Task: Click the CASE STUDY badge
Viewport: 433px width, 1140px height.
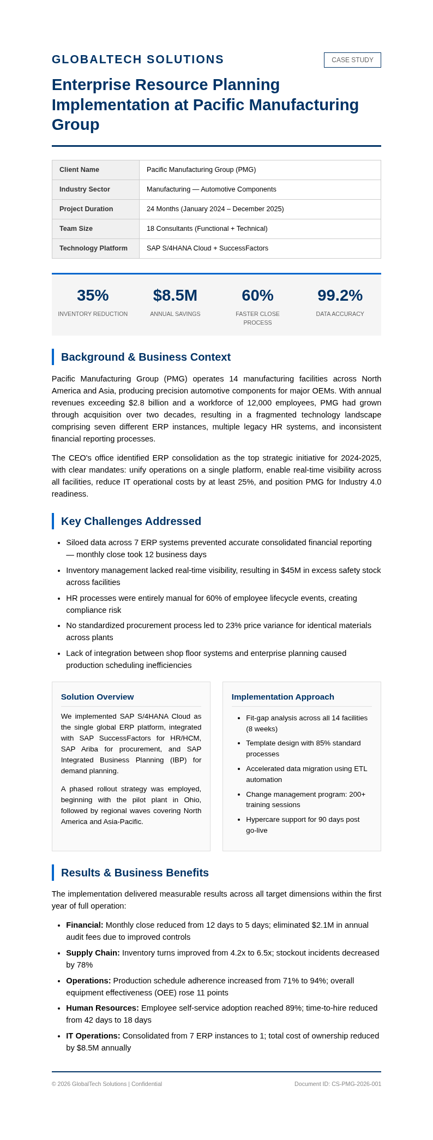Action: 352,60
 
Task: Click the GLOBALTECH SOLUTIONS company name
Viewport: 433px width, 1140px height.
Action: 137,59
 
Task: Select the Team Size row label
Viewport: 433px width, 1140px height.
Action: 76,229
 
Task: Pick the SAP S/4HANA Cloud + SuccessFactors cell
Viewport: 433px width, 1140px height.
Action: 207,248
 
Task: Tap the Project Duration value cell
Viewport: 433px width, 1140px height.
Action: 215,209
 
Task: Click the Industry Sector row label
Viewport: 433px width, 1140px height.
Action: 85,189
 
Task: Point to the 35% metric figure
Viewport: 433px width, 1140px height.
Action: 93,295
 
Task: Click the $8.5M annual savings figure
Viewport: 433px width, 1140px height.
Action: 175,295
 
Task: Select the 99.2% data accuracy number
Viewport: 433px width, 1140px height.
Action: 340,295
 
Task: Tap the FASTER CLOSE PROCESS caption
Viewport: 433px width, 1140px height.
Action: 257,318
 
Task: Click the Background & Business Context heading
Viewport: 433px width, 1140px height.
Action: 146,357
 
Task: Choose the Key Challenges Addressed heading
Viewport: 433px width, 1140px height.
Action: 131,521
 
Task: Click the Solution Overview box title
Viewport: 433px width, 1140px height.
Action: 97,697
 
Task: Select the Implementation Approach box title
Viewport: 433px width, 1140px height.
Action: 282,697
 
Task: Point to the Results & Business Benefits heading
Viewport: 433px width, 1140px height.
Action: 135,873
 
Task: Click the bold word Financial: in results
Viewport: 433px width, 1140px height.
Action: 85,925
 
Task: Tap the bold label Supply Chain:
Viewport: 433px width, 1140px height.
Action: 93,953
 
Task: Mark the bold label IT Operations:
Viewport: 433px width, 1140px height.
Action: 93,1036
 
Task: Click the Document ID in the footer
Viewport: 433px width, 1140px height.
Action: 338,1084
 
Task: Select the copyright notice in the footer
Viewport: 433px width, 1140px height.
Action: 107,1084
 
